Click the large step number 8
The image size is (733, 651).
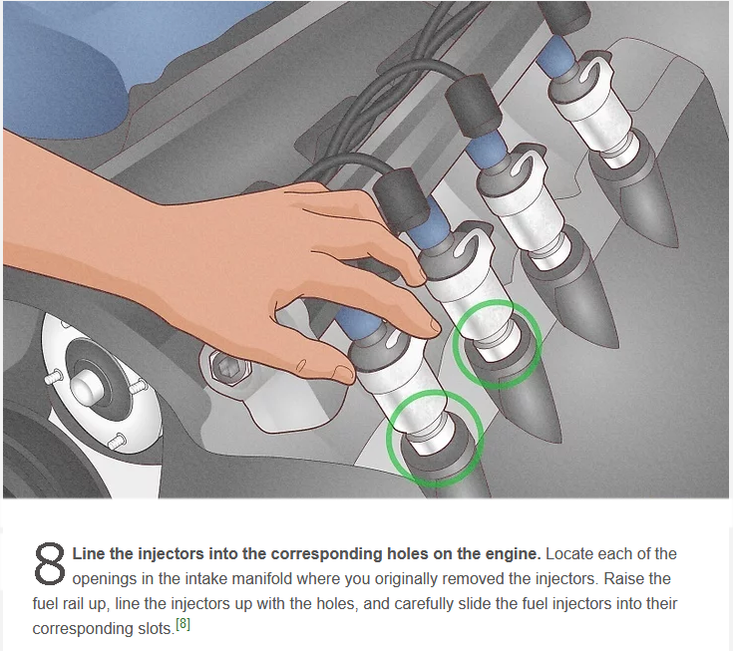[x=49, y=563]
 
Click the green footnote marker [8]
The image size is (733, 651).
[x=183, y=624]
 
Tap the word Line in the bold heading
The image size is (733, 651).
[x=89, y=553]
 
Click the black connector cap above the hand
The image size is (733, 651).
[x=401, y=199]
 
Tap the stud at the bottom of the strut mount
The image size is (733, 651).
[x=117, y=441]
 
